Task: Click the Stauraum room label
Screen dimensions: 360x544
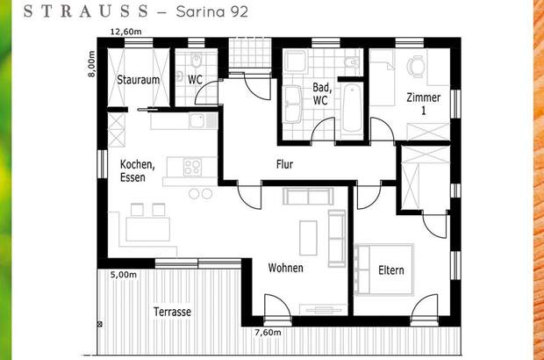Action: coord(138,80)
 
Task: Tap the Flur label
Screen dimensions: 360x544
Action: coord(284,164)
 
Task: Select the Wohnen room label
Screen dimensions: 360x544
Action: coord(286,268)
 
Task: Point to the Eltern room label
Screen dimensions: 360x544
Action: coord(391,270)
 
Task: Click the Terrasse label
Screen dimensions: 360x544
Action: coord(172,312)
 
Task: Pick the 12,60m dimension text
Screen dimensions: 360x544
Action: coord(125,32)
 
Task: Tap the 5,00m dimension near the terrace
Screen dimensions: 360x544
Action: coord(124,275)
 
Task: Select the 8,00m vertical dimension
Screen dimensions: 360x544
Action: coord(90,63)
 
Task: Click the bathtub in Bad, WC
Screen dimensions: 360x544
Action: coord(351,108)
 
